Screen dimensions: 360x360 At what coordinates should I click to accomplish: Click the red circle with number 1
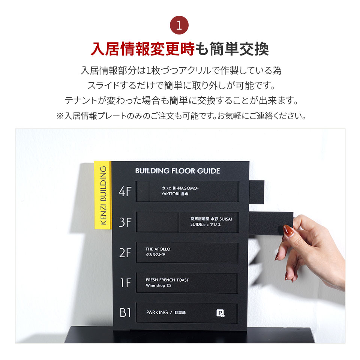click(x=179, y=25)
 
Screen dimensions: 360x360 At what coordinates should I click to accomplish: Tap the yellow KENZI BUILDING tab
click(x=103, y=195)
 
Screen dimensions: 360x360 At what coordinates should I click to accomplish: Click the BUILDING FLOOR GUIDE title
click(x=178, y=171)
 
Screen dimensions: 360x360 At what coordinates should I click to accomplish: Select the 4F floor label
click(x=125, y=192)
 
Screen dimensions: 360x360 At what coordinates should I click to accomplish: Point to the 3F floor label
click(x=125, y=222)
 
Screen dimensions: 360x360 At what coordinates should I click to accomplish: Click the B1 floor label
click(x=125, y=312)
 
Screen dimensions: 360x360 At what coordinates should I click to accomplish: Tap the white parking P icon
click(x=220, y=313)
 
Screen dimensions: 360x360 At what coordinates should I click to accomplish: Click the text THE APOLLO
click(x=158, y=249)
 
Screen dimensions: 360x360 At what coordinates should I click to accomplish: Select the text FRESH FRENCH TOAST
click(x=167, y=280)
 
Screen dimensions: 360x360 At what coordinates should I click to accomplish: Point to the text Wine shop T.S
click(x=159, y=286)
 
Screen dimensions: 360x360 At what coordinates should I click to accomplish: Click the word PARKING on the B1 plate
click(x=157, y=312)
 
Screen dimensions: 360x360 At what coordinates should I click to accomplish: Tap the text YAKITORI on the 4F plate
click(x=170, y=194)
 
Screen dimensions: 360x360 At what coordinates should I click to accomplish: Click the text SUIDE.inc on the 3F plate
click(x=199, y=224)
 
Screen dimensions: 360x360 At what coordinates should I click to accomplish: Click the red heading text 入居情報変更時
click(x=142, y=49)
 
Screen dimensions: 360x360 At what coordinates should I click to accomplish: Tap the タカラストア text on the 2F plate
click(x=156, y=255)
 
